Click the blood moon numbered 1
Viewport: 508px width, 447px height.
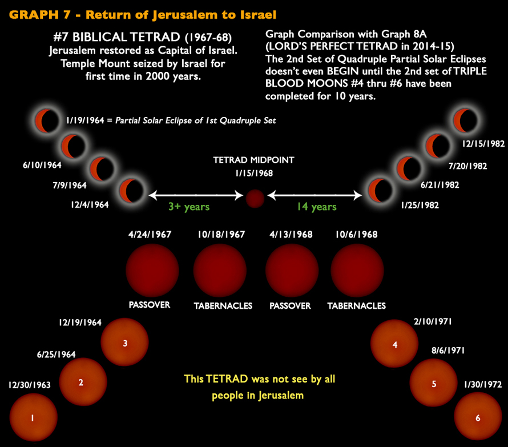click(x=33, y=418)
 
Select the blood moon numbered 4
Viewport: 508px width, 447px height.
click(x=394, y=344)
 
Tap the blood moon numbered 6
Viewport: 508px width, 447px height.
click(x=478, y=417)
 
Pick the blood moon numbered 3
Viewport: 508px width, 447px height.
click(x=125, y=343)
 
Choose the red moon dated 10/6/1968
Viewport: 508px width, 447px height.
click(x=357, y=270)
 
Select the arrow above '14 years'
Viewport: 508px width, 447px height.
click(x=315, y=195)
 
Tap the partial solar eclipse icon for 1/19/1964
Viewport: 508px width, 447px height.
click(x=46, y=120)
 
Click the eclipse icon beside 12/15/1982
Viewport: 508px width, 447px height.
click(x=465, y=120)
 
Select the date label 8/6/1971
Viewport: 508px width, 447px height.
click(x=447, y=351)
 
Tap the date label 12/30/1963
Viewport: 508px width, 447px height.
click(x=30, y=385)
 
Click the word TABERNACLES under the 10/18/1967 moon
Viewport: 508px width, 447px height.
click(x=223, y=306)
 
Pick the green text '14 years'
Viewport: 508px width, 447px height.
click(x=316, y=207)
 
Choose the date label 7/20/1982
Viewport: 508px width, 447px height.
click(x=467, y=166)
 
